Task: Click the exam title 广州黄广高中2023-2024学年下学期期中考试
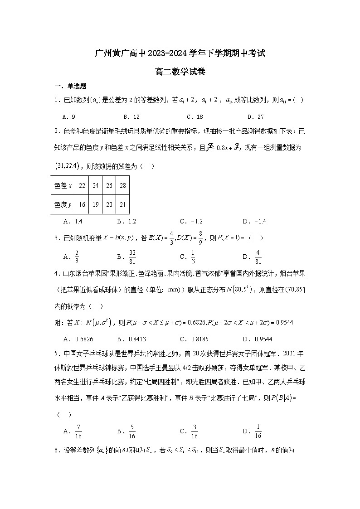180,53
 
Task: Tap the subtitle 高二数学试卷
180,72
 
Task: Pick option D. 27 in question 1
257,116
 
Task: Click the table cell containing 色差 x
63,185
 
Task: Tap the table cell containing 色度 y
63,204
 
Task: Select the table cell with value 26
109,185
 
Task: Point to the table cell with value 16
82,204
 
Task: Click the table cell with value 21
122,204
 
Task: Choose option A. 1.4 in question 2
73,221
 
